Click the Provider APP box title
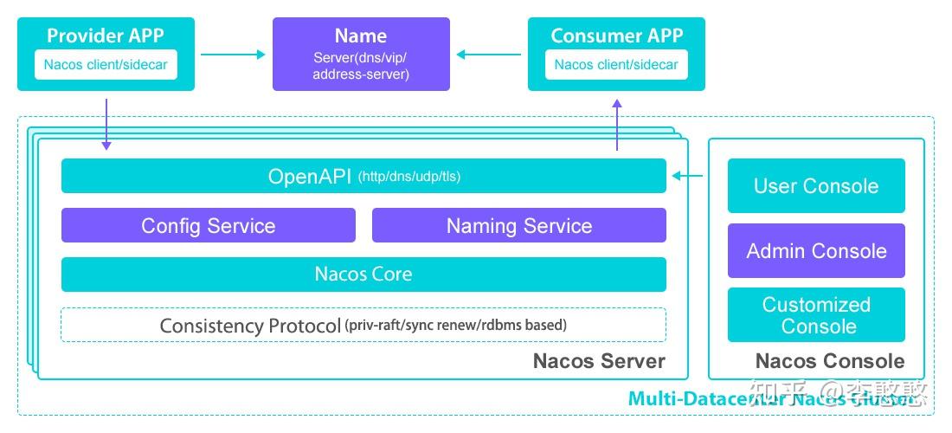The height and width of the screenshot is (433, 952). click(106, 36)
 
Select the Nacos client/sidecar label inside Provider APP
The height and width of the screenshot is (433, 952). click(106, 65)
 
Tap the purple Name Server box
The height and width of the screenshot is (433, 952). click(361, 54)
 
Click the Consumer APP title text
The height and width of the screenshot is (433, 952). click(616, 36)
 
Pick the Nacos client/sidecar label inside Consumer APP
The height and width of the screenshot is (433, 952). click(616, 65)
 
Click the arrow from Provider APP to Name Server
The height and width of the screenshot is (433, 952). click(233, 55)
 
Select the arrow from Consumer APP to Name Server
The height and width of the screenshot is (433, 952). click(489, 55)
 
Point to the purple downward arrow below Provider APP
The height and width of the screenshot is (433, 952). click(106, 124)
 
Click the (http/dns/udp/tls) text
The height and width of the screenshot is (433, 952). click(409, 178)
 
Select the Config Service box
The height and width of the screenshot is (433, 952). click(208, 226)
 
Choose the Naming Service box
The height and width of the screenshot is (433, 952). click(519, 226)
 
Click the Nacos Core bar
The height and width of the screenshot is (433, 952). click(363, 275)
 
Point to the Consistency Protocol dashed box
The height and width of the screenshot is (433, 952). click(363, 326)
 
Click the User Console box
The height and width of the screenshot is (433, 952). click(816, 186)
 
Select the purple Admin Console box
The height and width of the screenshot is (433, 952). click(816, 251)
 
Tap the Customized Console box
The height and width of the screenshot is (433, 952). click(816, 315)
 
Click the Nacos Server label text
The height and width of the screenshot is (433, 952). click(599, 361)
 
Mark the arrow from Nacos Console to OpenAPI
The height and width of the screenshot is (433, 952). click(688, 177)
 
